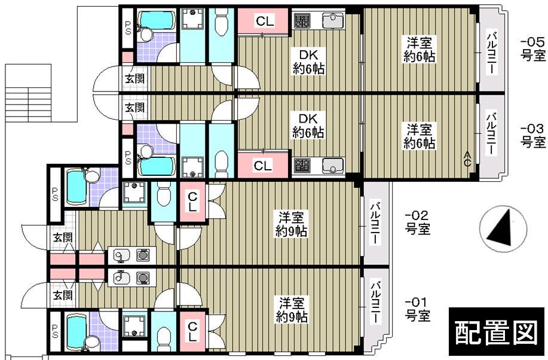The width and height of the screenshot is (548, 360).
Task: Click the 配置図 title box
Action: [x=496, y=333]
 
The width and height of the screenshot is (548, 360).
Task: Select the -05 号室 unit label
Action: [x=532, y=49]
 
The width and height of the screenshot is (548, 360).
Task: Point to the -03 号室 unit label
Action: [x=532, y=136]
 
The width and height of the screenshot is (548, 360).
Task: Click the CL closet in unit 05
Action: [x=265, y=22]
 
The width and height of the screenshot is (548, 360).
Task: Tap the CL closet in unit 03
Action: [x=263, y=166]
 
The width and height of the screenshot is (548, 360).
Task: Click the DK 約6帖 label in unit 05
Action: [x=308, y=62]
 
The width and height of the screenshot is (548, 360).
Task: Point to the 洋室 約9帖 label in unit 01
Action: [x=292, y=309]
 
